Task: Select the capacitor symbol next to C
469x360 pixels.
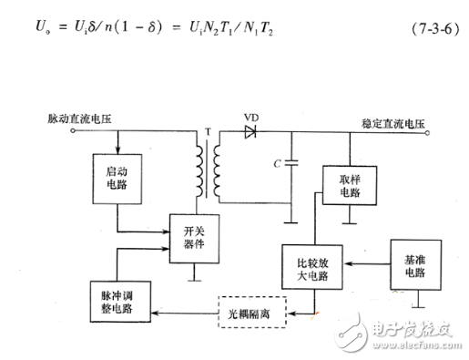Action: (x=291, y=167)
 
